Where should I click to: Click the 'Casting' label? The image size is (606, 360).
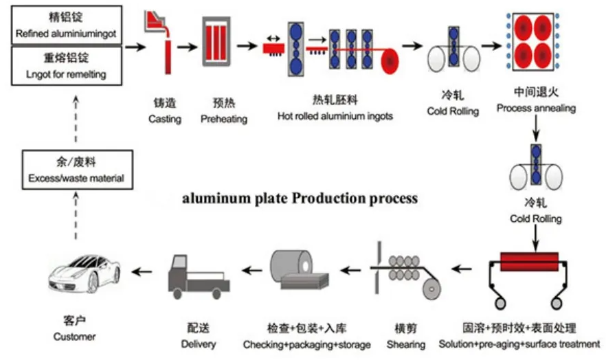click(x=165, y=119)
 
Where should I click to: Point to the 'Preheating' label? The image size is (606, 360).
click(x=223, y=119)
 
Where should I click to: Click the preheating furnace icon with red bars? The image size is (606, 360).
click(x=218, y=43)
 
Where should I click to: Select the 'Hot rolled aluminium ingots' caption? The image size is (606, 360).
click(x=335, y=116)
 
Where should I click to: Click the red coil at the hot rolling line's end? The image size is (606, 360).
click(x=390, y=60)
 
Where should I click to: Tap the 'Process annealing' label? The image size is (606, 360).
click(x=536, y=109)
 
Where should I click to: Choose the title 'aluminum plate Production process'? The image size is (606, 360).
click(x=299, y=199)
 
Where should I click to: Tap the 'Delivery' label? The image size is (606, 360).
click(x=199, y=344)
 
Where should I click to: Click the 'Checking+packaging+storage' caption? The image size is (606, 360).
click(x=306, y=344)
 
